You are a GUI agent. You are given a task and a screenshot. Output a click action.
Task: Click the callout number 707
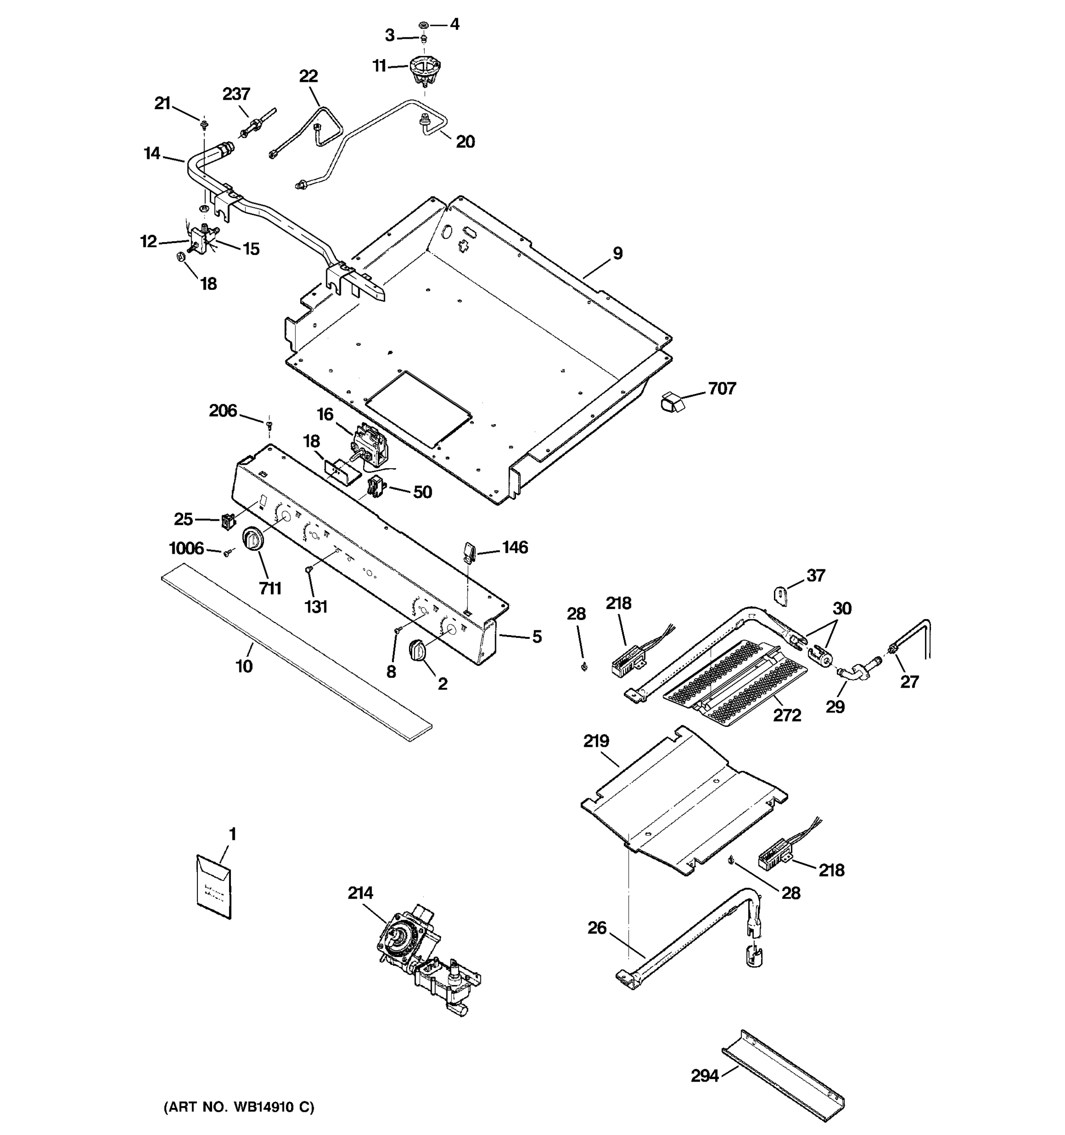(722, 389)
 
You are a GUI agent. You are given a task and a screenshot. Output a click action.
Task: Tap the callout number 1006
(186, 549)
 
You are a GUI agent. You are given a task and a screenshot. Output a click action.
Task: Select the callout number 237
(236, 94)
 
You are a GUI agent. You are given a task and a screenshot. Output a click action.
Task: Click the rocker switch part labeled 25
(228, 521)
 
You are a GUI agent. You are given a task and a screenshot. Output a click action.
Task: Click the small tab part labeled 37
(780, 595)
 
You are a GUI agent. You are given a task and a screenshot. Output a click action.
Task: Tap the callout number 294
(704, 1075)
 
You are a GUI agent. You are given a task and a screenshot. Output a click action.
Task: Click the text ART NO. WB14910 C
(239, 1107)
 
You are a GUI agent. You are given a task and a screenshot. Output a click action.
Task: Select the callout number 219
(596, 741)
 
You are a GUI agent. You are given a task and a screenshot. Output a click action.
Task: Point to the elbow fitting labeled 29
(852, 674)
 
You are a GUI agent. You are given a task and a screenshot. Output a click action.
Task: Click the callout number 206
(222, 410)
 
